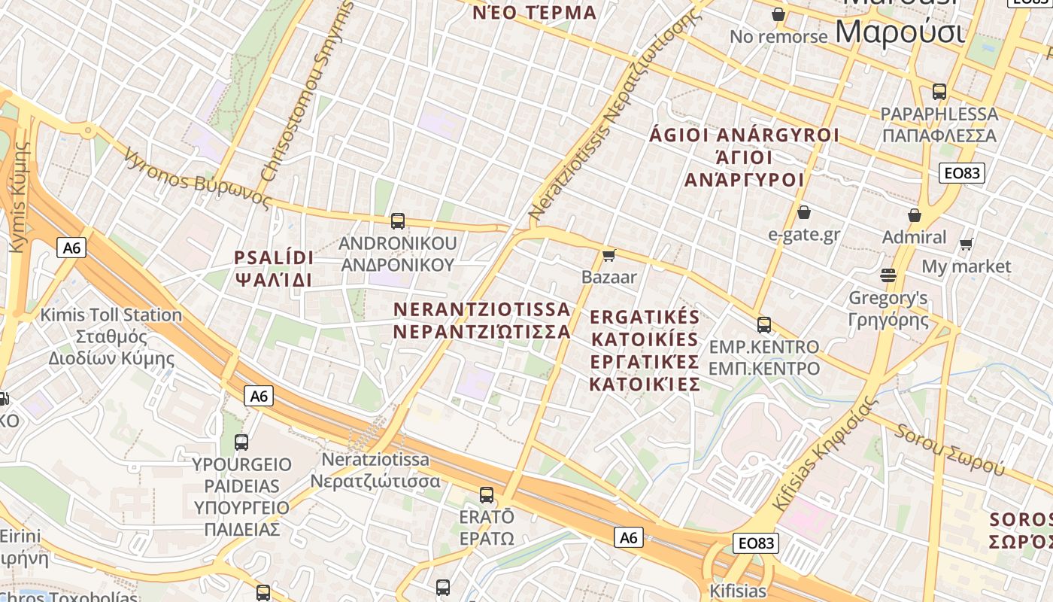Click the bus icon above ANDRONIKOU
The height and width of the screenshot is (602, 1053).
pos(398,221)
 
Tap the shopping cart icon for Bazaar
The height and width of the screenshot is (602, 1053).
pos(609,256)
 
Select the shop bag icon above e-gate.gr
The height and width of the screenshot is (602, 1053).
pos(804,212)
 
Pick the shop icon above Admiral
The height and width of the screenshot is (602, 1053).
pos(915,215)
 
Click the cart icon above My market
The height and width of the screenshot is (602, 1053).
pos(967,244)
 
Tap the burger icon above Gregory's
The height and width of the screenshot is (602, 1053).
pos(888,275)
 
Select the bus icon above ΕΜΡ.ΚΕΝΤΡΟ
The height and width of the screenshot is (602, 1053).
pos(764,325)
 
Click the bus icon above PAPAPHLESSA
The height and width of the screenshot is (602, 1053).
pos(939,92)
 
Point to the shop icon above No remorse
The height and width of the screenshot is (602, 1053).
pos(778,14)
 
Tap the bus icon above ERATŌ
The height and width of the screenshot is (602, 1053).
pos(487,495)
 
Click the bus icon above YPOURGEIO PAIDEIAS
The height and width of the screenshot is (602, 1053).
pos(241,442)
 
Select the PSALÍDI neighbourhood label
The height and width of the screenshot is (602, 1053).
pos(274,269)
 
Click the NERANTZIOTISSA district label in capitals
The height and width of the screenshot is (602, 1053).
pos(482,320)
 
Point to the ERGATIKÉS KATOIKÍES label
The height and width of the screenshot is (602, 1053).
pos(645,350)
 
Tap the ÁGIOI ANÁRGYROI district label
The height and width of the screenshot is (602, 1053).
pos(744,157)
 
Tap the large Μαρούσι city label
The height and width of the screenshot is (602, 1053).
pos(900,32)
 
